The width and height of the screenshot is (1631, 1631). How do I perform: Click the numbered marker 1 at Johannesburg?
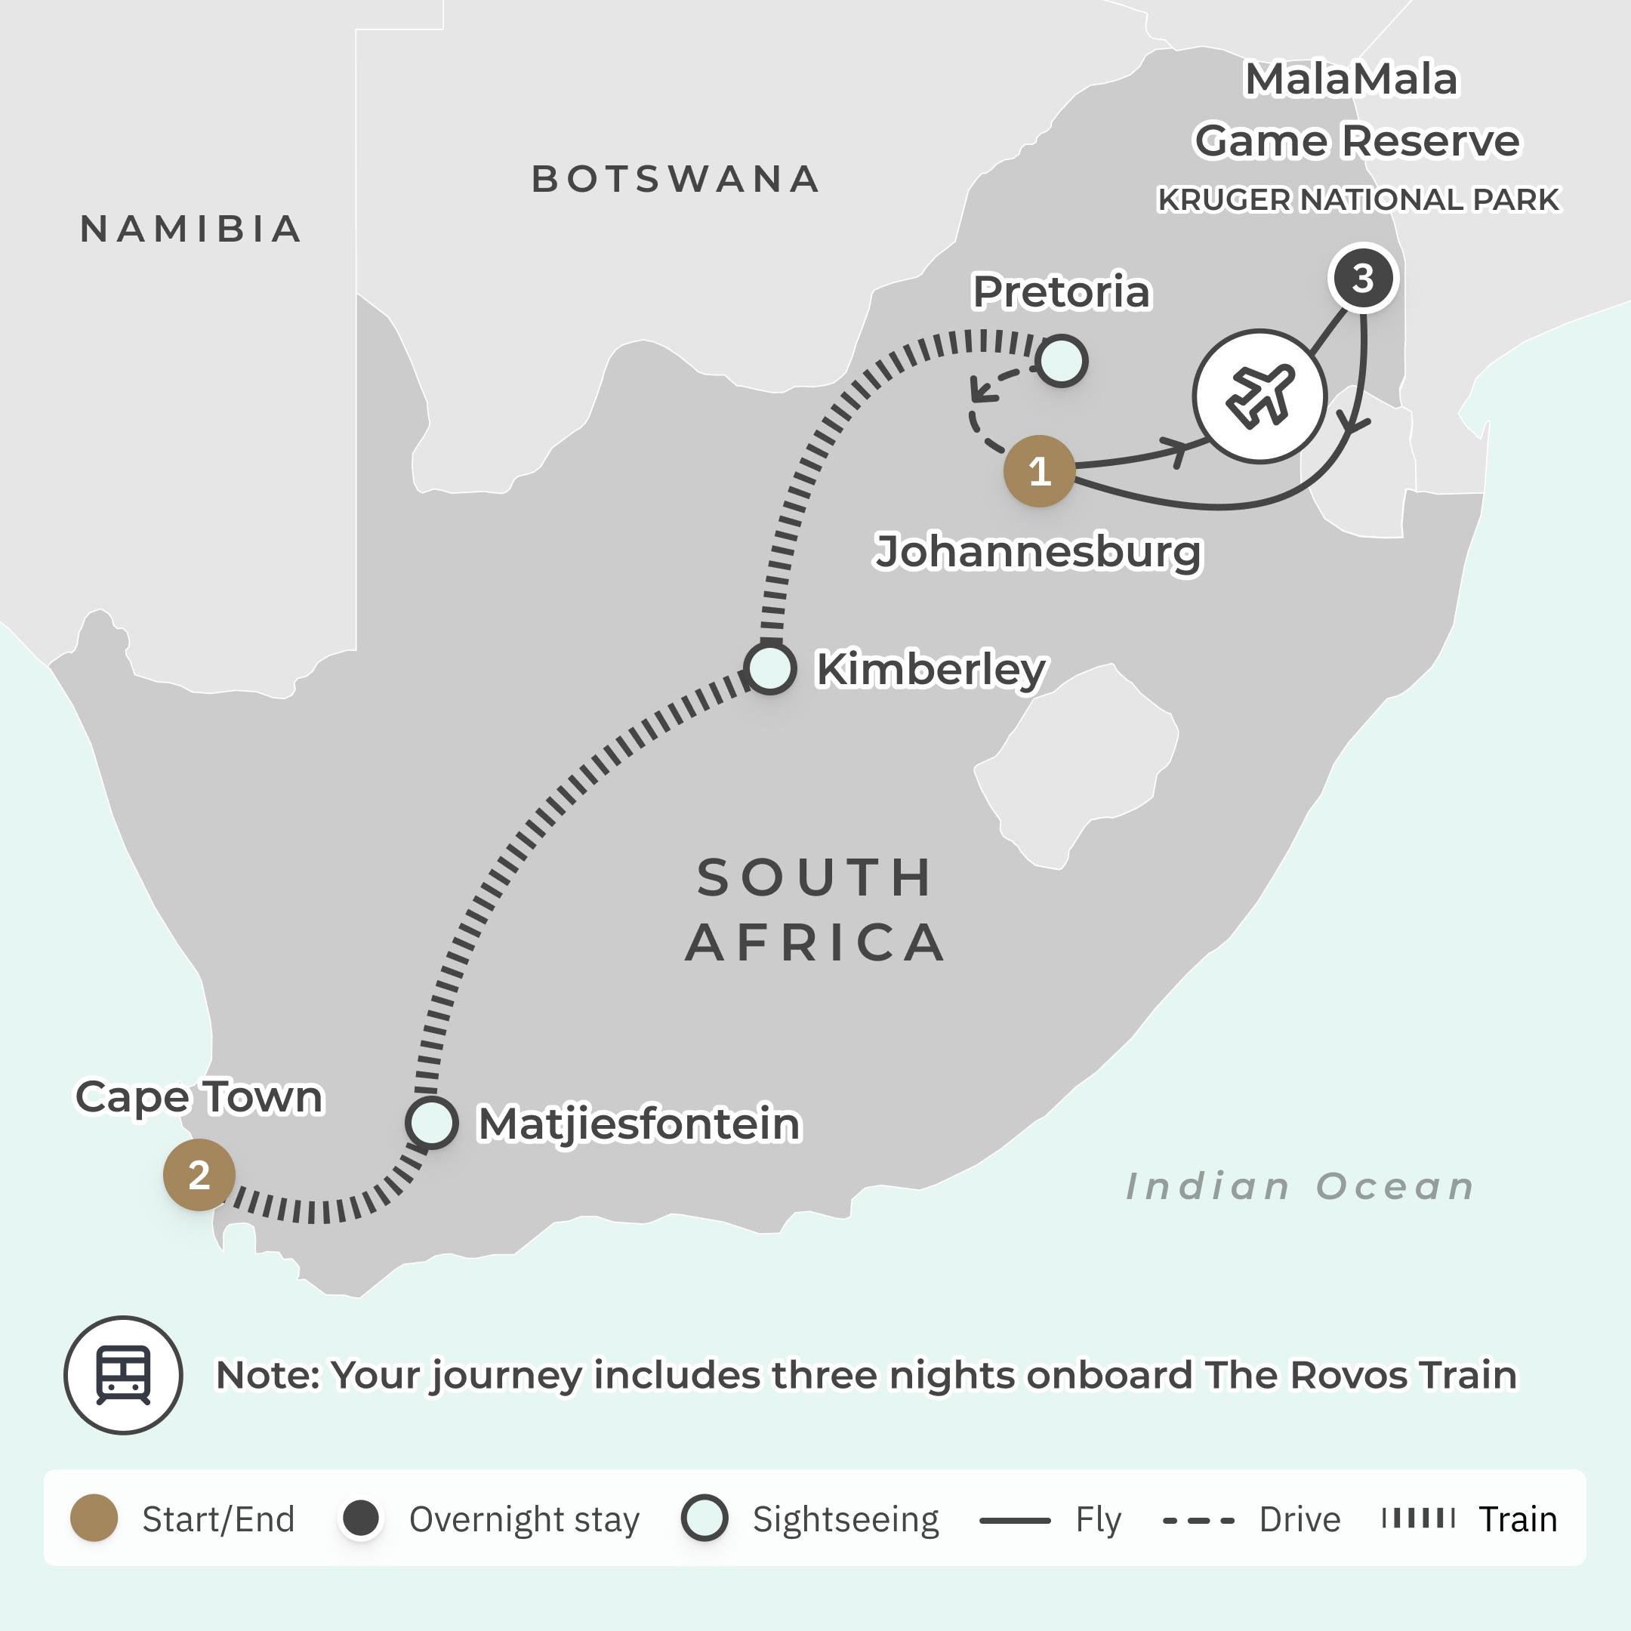point(1038,471)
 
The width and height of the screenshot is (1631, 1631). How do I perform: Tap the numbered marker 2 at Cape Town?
point(199,1174)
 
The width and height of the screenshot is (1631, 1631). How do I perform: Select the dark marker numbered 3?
point(1362,278)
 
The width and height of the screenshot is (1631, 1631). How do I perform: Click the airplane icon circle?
point(1259,396)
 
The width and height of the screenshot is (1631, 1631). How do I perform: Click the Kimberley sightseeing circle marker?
point(769,668)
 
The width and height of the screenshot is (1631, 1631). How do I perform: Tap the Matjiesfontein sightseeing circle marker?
point(431,1122)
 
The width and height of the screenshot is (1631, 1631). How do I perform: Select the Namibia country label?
point(191,229)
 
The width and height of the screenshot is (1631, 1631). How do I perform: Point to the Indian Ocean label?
point(1300,1186)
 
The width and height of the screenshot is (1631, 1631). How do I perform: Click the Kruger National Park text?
point(1358,200)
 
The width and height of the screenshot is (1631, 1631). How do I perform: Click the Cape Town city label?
point(199,1096)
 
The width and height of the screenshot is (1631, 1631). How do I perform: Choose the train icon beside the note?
point(123,1374)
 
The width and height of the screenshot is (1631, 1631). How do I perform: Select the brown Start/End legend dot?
point(94,1518)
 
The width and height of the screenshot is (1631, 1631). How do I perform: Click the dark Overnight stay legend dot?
point(362,1518)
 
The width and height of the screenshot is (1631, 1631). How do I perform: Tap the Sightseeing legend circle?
point(704,1518)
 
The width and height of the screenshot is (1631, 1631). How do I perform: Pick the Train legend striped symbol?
point(1418,1518)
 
